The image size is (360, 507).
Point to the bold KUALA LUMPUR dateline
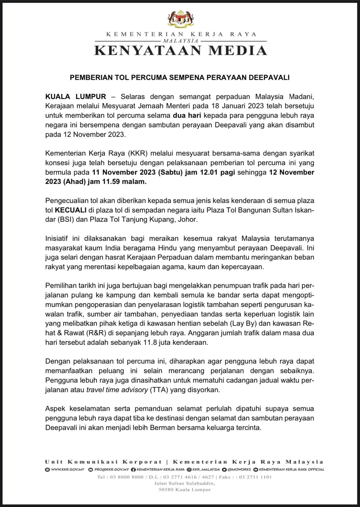point(76,97)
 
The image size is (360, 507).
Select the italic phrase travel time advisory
point(117,390)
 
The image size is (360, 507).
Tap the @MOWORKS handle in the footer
point(239,469)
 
